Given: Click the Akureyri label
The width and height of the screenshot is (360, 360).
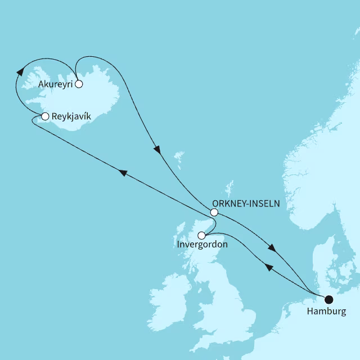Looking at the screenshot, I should [56, 84].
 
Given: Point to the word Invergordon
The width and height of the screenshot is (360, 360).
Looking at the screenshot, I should [201, 246].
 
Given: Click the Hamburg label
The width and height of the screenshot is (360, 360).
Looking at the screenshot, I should [327, 311].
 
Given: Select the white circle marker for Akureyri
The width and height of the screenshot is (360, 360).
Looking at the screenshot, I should [79, 84].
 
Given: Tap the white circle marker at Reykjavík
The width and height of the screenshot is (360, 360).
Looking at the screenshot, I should [45, 116].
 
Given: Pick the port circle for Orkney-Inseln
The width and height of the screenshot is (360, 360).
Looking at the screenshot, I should [214, 212].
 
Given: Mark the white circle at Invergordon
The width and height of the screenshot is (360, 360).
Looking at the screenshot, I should [201, 235].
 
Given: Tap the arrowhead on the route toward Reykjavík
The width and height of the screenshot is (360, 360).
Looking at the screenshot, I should [121, 174].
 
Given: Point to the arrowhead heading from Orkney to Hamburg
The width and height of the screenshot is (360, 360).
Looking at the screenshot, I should [272, 249].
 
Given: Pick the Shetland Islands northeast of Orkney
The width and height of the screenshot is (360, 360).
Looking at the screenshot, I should [229, 186].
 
